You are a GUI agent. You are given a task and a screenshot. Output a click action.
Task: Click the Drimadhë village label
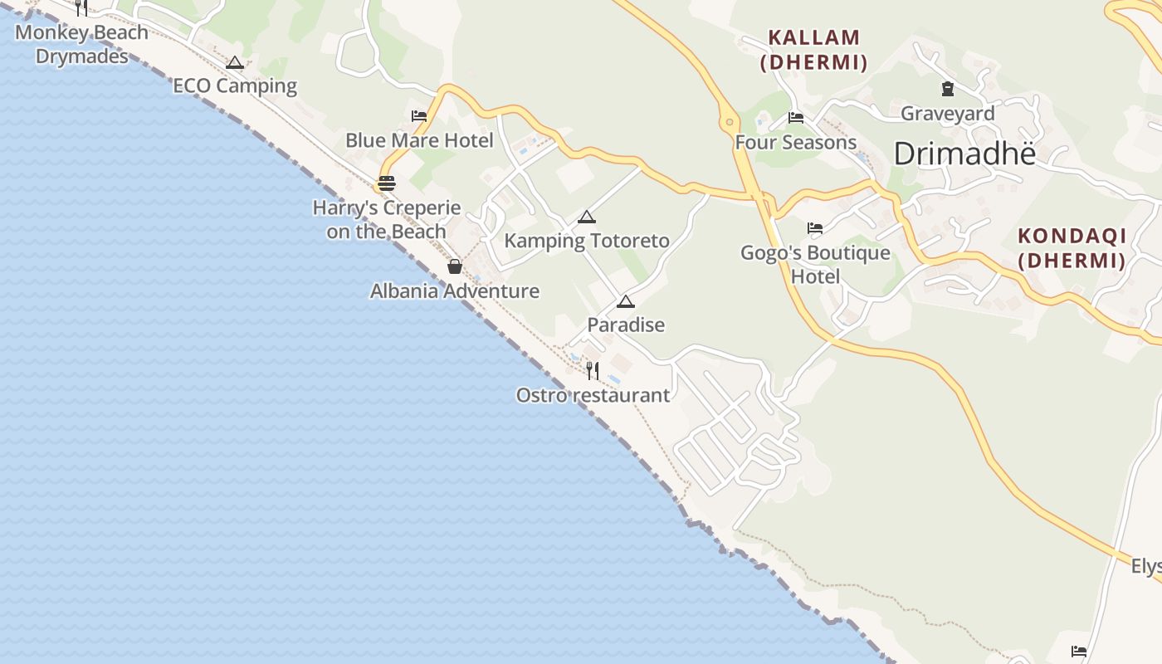click(x=965, y=154)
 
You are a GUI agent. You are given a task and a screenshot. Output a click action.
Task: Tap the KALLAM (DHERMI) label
click(x=814, y=50)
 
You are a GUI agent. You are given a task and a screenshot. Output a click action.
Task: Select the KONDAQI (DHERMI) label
click(x=1072, y=248)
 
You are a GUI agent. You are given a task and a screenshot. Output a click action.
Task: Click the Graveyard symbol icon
click(x=948, y=89)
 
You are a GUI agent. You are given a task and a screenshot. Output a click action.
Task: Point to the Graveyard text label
click(x=948, y=113)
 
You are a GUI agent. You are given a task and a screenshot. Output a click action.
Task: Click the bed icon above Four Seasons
click(x=796, y=118)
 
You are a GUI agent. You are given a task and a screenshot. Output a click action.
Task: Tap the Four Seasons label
click(x=796, y=142)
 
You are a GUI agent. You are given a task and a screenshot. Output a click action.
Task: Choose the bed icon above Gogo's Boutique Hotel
click(x=815, y=228)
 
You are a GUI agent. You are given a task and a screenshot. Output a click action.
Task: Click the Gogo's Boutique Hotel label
click(x=815, y=264)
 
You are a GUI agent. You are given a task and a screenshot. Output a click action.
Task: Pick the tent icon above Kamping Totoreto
click(x=587, y=217)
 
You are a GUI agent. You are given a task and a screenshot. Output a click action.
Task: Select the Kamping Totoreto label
click(x=587, y=241)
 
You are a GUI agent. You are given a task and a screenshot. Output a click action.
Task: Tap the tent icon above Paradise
click(x=626, y=301)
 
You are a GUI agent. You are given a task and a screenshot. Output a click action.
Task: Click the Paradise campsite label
click(x=626, y=325)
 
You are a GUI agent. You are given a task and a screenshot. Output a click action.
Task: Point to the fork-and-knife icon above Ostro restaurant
click(x=593, y=370)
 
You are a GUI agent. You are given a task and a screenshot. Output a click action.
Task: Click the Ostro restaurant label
click(x=593, y=395)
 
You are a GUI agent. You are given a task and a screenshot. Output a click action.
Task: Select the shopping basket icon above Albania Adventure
click(x=454, y=266)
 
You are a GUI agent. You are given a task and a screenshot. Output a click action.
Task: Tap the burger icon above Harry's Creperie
click(x=387, y=183)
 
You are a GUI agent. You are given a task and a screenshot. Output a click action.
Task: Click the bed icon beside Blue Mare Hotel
click(x=419, y=116)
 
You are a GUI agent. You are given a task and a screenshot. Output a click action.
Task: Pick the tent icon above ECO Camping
click(x=235, y=62)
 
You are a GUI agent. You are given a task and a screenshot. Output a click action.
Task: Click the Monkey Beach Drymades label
click(x=81, y=44)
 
